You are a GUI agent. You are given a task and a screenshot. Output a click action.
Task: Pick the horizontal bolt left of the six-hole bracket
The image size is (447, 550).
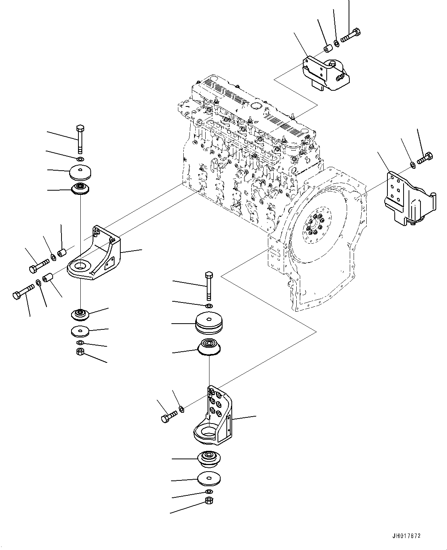tap(169, 415)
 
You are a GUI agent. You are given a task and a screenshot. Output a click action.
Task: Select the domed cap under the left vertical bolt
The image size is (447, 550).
tap(80, 171)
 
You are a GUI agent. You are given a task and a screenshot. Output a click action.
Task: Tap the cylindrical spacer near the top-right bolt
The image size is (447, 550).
tap(327, 49)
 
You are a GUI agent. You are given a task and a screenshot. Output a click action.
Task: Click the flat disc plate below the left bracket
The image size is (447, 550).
tap(80, 330)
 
